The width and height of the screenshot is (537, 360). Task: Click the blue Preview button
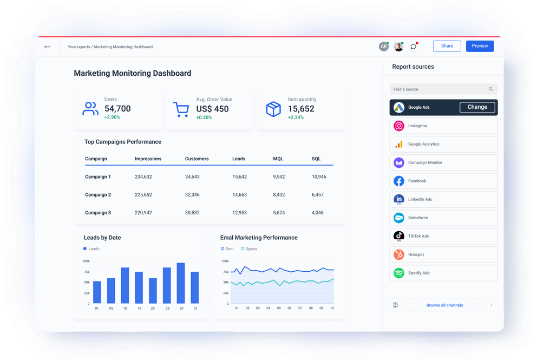click(x=480, y=46)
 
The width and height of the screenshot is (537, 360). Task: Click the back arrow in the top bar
click(x=48, y=47)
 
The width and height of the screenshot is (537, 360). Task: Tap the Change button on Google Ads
click(x=477, y=107)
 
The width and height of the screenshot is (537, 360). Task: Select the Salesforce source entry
click(x=443, y=218)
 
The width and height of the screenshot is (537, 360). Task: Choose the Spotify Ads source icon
click(x=399, y=273)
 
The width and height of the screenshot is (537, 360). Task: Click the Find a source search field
click(x=438, y=89)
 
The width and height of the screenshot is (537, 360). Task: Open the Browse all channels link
click(x=444, y=305)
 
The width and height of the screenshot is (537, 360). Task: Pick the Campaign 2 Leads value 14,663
click(x=239, y=195)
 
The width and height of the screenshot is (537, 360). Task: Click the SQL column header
click(x=316, y=159)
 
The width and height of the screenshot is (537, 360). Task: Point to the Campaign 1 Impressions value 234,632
click(x=143, y=177)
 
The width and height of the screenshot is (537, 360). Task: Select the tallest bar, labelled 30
click(x=181, y=283)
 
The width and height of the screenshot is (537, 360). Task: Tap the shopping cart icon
click(x=181, y=109)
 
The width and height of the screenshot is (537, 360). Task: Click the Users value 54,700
click(x=117, y=109)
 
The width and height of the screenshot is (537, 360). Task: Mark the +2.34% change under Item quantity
click(x=296, y=117)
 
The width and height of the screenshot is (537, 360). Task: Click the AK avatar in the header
click(x=384, y=47)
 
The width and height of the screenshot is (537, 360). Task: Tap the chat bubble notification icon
click(x=414, y=47)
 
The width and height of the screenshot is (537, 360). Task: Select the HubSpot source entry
click(x=443, y=254)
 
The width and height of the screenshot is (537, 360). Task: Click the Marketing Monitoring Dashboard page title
click(x=133, y=74)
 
